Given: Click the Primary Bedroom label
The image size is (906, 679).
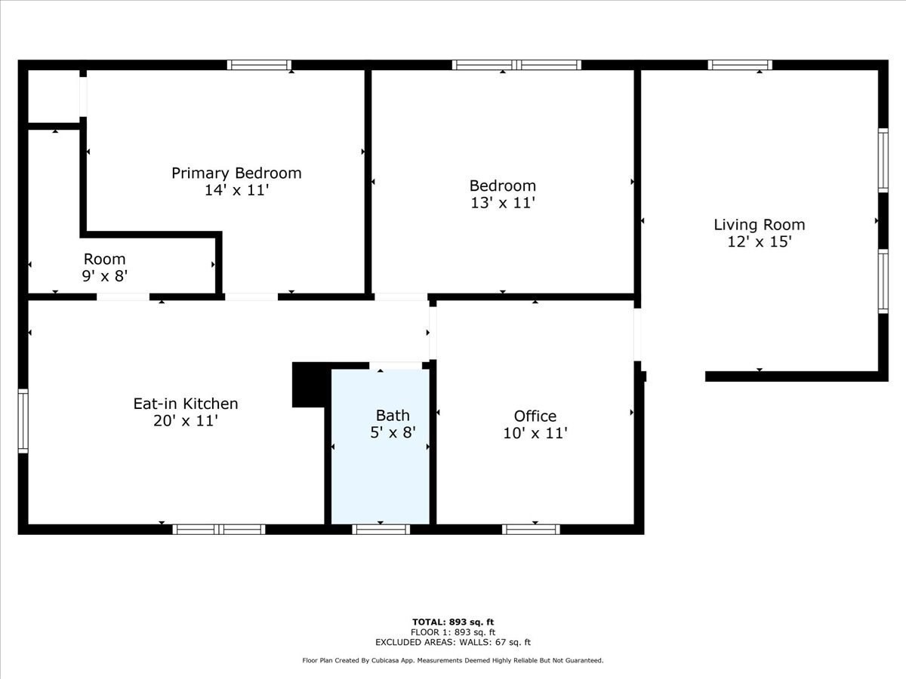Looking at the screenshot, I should click(236, 173).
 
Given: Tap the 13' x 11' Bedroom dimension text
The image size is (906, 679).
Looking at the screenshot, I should click(502, 203).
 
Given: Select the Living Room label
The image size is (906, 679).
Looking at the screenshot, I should click(759, 225).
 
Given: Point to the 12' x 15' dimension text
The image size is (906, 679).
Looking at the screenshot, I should click(759, 242).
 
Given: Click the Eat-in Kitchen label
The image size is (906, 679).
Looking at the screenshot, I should click(186, 404).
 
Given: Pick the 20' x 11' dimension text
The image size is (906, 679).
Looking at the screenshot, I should click(186, 421).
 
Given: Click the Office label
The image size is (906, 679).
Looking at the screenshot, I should click(535, 416).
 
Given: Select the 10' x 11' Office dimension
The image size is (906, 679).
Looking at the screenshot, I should click(535, 433).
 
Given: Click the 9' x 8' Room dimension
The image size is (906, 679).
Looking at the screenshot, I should click(104, 276).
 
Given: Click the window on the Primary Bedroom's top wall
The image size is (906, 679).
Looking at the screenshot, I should click(259, 65).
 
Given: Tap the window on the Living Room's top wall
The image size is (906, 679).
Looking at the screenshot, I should click(740, 65).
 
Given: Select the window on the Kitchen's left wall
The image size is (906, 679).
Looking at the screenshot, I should click(23, 421).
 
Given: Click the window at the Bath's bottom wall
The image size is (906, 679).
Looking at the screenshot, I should click(381, 529).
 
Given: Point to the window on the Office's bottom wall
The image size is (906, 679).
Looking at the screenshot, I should click(531, 529).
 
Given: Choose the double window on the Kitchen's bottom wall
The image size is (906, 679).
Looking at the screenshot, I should click(219, 529).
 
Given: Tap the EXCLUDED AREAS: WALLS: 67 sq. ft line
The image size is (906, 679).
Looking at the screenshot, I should click(453, 643).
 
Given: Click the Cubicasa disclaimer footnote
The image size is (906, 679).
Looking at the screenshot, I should click(453, 660).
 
